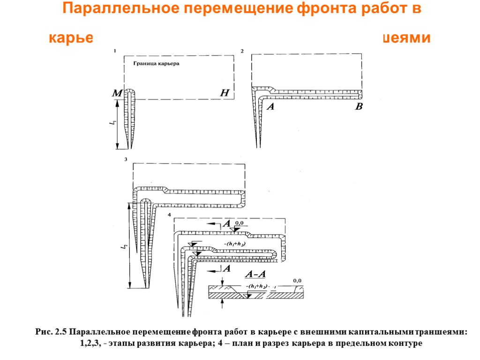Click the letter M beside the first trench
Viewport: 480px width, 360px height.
[116, 95]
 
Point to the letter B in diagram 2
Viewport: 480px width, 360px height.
[359, 107]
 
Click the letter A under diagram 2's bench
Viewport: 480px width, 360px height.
[270, 107]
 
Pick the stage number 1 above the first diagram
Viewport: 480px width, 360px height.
[114, 50]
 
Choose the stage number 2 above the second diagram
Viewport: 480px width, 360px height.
[242, 51]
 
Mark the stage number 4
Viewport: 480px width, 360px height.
[169, 215]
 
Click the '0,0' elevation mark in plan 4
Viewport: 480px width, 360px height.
[240, 223]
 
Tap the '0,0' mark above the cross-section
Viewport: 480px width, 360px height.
[297, 280]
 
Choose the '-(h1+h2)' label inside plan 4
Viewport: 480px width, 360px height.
[236, 244]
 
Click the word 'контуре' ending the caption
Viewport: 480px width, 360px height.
[406, 343]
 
